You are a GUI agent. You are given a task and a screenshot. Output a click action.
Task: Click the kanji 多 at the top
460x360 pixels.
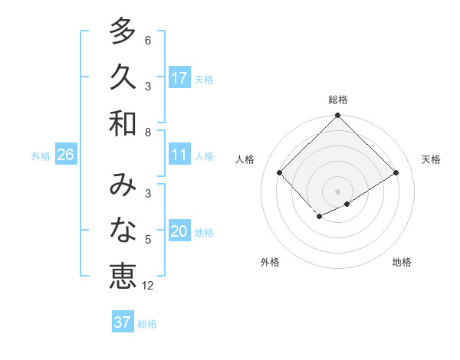123,31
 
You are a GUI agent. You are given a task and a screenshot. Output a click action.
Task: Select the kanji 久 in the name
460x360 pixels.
123,77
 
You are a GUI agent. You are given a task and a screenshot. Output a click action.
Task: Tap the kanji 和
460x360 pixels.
123,123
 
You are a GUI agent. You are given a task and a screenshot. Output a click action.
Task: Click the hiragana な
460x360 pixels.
123,231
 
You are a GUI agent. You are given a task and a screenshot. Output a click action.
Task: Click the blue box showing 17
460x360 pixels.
179,78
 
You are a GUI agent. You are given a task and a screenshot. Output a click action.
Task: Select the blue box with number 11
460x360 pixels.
179,155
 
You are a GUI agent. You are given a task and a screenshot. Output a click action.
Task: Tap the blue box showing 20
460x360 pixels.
179,231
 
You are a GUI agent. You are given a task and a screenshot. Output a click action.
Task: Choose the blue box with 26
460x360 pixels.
65,155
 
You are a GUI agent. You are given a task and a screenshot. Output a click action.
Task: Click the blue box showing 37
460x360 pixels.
123,322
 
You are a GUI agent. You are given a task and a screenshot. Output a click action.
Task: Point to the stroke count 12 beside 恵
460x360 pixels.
148,286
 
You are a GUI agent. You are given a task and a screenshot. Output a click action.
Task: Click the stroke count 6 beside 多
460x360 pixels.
148,40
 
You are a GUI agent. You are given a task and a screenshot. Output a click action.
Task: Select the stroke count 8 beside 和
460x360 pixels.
148,133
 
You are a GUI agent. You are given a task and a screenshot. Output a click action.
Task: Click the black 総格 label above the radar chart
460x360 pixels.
337,100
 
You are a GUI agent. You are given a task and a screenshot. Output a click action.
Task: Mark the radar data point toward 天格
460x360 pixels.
396,172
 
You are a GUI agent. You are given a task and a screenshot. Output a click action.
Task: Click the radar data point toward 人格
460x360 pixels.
280,172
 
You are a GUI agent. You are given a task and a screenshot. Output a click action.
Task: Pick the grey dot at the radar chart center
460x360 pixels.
337,191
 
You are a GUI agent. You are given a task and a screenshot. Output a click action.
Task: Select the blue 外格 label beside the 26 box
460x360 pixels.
41,155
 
